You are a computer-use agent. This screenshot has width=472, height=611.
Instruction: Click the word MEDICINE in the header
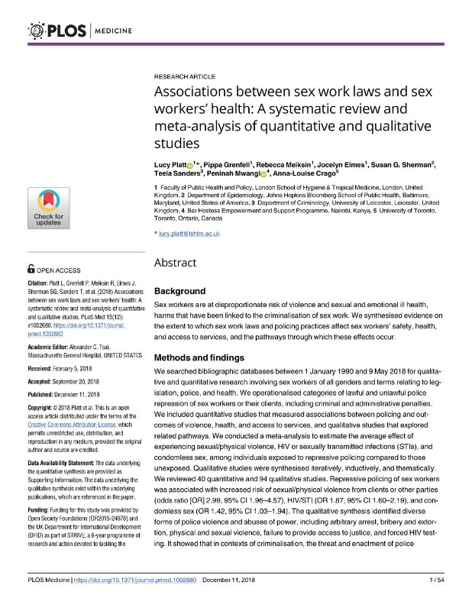[114, 31]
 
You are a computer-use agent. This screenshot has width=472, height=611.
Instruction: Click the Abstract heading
[175, 263]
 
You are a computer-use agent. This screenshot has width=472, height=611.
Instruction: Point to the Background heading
[180, 291]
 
